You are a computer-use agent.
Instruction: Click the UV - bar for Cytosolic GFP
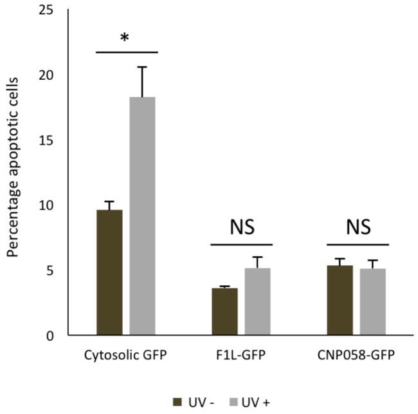click(109, 272)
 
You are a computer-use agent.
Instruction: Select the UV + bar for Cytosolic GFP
click(143, 216)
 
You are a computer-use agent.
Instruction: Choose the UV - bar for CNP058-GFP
click(340, 300)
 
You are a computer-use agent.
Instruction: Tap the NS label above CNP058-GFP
click(358, 227)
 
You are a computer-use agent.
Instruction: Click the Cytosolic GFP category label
click(126, 355)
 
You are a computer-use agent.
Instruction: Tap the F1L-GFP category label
click(242, 355)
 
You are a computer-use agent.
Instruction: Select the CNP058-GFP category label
click(358, 355)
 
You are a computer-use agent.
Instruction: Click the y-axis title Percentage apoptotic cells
click(14, 167)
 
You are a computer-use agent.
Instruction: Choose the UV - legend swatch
click(178, 402)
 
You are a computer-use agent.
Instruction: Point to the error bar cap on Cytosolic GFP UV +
click(143, 67)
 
